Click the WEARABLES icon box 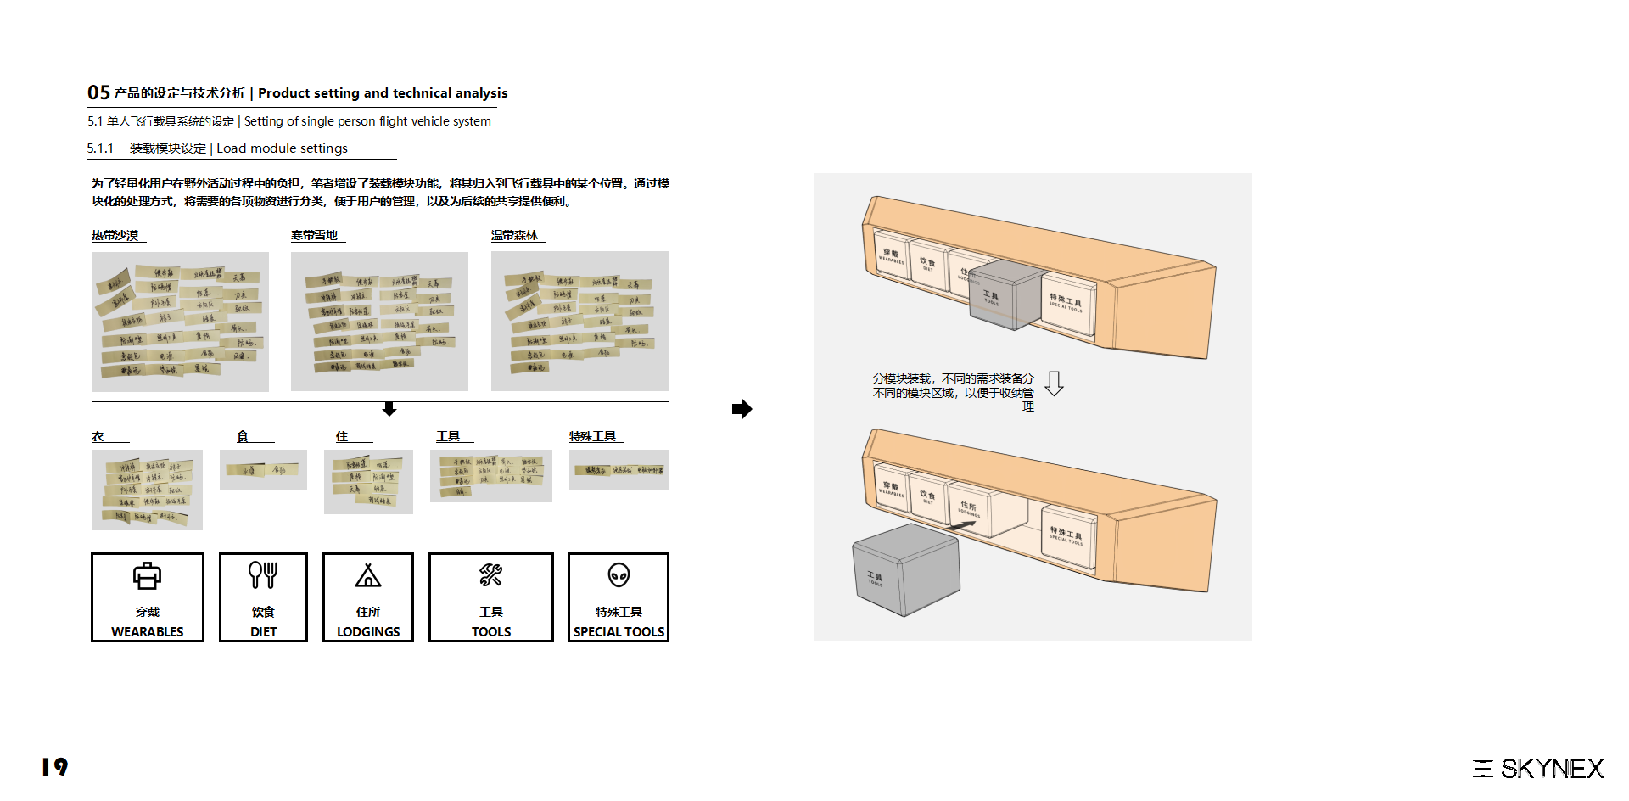(147, 597)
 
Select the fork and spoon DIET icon (263, 575)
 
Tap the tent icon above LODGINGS (367, 576)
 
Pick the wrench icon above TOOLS (490, 575)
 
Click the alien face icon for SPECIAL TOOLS (619, 575)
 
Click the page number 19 (54, 767)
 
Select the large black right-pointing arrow (742, 409)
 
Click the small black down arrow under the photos (389, 410)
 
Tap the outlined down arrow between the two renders (1054, 384)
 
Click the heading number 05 (98, 92)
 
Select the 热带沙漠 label (115, 236)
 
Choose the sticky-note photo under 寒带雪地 (379, 322)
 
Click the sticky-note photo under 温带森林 (579, 322)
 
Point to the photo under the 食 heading (263, 470)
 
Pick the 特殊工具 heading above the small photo (593, 436)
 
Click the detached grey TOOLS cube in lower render (905, 569)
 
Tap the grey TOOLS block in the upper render (1005, 294)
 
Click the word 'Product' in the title (283, 93)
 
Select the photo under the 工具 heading (490, 476)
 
